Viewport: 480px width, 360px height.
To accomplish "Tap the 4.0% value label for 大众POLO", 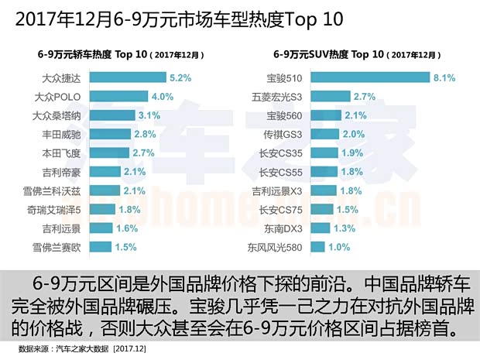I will [161, 97].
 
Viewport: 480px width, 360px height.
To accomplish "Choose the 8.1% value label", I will [444, 77].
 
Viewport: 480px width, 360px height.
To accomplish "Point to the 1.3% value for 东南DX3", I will [345, 228].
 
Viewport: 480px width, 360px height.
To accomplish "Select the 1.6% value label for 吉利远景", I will [125, 228].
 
